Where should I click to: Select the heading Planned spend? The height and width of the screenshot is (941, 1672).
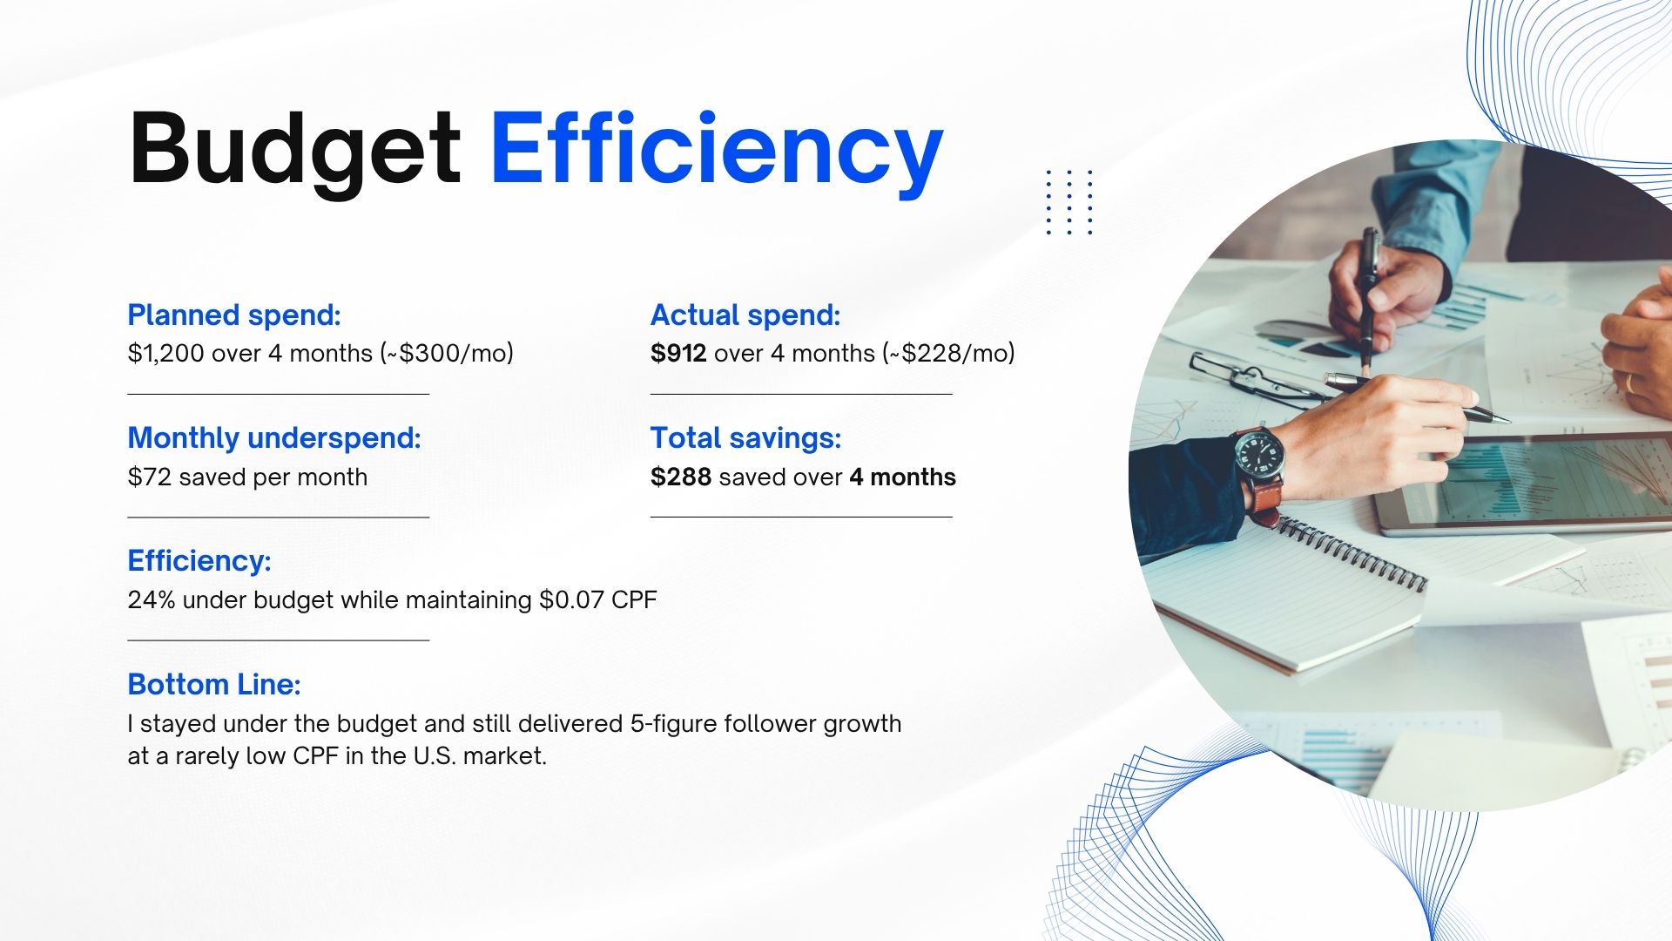[x=234, y=315]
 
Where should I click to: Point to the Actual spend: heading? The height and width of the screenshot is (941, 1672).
[x=745, y=315]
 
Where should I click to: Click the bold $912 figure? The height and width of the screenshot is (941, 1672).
[x=678, y=354]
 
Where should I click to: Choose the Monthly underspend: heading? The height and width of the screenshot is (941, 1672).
[x=274, y=438]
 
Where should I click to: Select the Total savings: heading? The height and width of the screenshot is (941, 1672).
[x=746, y=438]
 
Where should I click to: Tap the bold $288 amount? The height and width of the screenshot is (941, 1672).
[x=681, y=477]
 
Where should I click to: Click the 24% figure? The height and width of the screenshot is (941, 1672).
[x=152, y=600]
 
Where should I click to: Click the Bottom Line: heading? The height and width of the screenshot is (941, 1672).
[x=214, y=685]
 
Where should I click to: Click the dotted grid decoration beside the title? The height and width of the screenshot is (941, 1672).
[x=1069, y=202]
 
